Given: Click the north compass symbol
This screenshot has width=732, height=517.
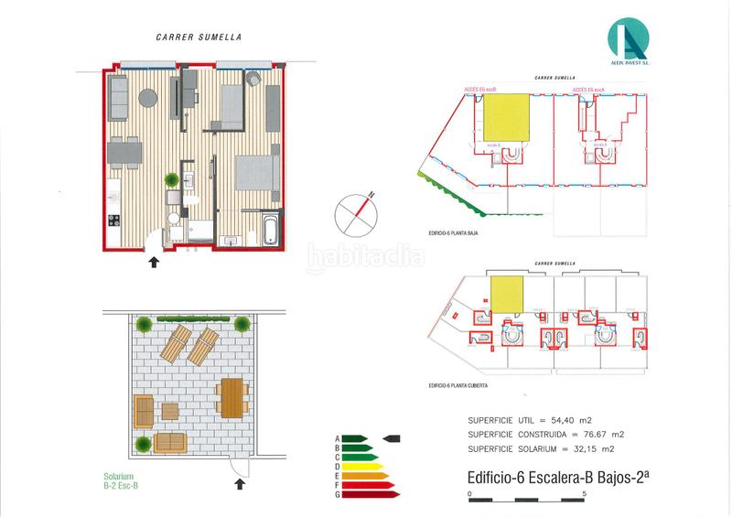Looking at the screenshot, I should (x=355, y=212).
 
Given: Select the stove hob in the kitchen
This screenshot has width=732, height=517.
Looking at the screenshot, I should (x=115, y=221).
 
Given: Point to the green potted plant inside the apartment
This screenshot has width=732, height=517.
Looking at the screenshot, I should (x=171, y=181).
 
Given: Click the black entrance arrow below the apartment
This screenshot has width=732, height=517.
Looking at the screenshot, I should (x=153, y=263).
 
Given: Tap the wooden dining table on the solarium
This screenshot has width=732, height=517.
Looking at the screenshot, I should (x=233, y=397).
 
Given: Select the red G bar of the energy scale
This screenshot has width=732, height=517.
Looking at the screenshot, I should (x=371, y=495).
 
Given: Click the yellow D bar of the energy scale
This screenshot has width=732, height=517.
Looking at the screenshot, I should (x=360, y=467).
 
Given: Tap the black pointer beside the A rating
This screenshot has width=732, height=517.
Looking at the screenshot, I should (x=391, y=438).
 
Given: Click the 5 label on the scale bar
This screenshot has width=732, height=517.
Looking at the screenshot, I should (x=584, y=494).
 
